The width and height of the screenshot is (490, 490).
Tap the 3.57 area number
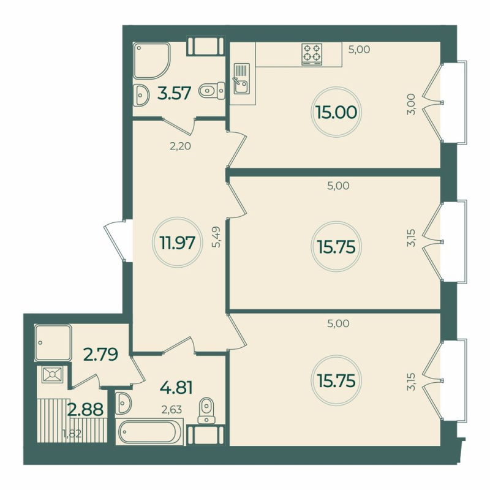pos(175,93)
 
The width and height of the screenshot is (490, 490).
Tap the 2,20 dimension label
pos(181,145)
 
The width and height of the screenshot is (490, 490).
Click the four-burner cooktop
pos(312,53)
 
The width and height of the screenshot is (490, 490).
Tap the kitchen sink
pos(239,79)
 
